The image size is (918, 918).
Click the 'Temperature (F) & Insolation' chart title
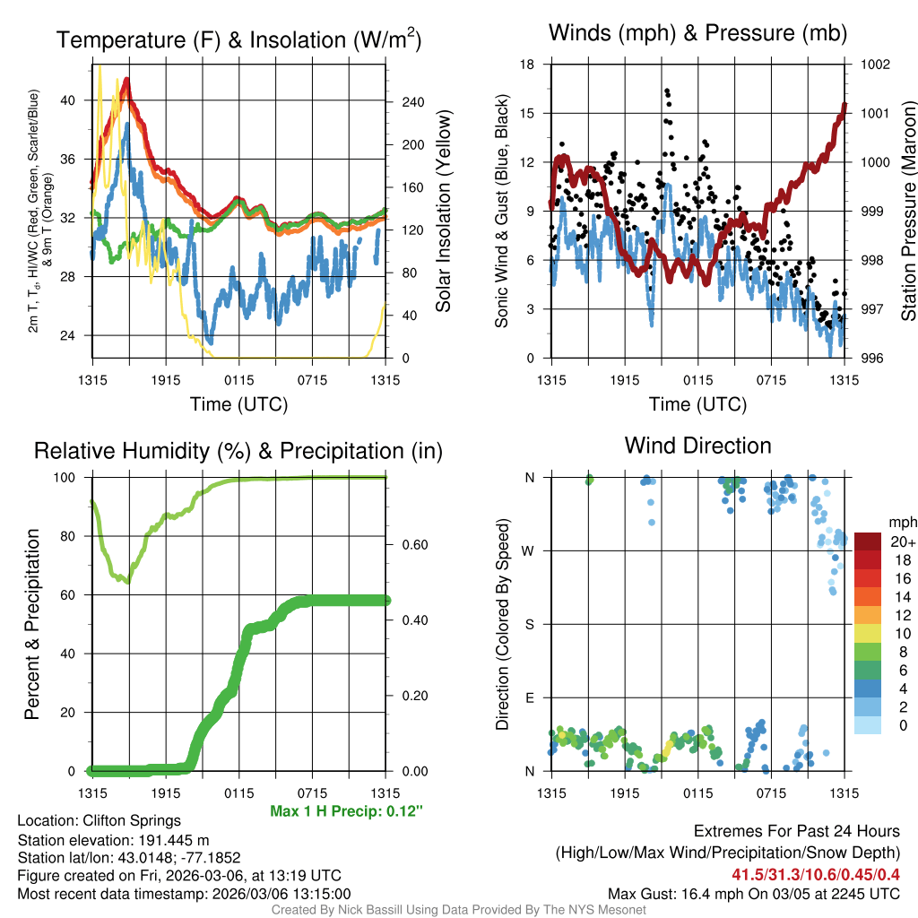pos(238,40)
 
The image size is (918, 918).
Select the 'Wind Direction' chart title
pos(697,446)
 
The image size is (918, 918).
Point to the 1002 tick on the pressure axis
pos(874,65)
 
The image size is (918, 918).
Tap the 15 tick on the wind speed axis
pos(527,113)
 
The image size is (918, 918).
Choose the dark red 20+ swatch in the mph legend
pos(870,541)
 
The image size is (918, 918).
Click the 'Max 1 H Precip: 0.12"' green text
pos(346,811)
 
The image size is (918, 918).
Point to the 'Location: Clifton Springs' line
pos(99,820)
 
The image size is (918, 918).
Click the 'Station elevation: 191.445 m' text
pos(113,840)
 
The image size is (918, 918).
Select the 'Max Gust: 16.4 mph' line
pos(754,894)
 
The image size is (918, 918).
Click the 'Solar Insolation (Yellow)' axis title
pos(443,212)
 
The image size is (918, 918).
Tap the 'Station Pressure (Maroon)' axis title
pos(907,212)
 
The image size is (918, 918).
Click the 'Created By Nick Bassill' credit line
pos(458,910)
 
